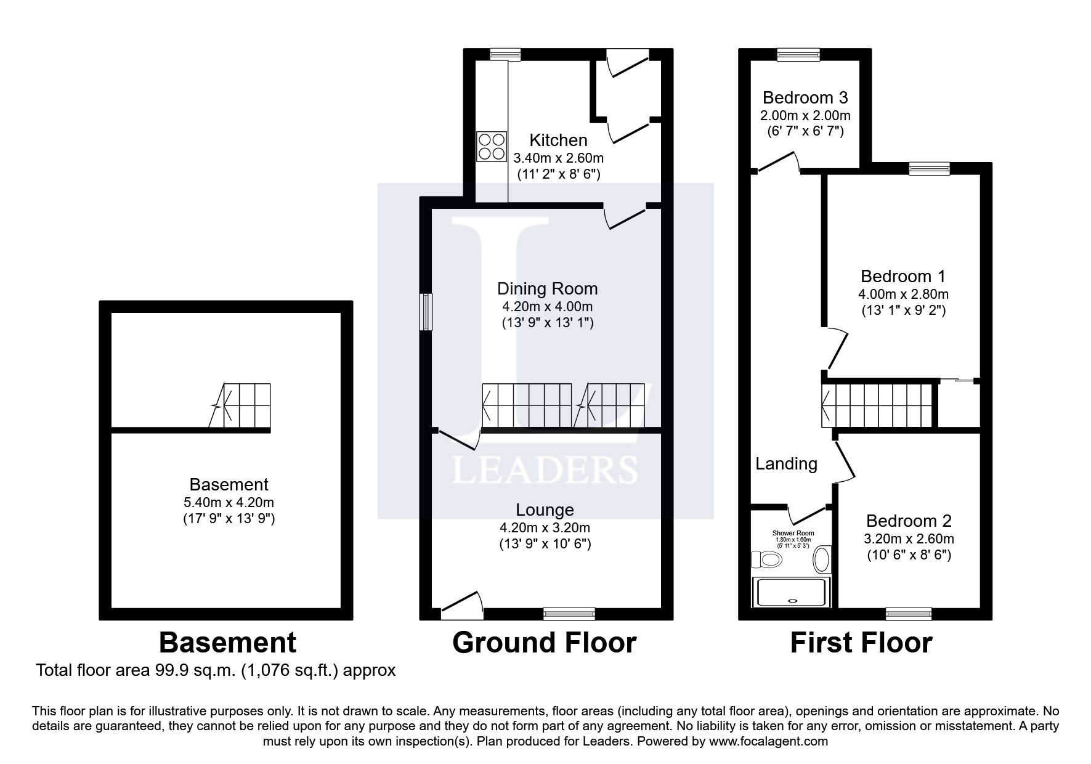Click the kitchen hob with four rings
491,147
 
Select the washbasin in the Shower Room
822,559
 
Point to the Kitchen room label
558,140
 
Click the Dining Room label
547,288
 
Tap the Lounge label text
545,510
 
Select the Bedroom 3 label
805,97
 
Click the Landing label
786,464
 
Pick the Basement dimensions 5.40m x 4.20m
229,502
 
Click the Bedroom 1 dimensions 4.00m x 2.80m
903,294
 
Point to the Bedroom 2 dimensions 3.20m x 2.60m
909,538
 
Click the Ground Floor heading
544,643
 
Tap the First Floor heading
861,643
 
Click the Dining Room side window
426,312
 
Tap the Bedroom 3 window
799,55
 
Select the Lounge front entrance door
461,606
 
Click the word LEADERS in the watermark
545,469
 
